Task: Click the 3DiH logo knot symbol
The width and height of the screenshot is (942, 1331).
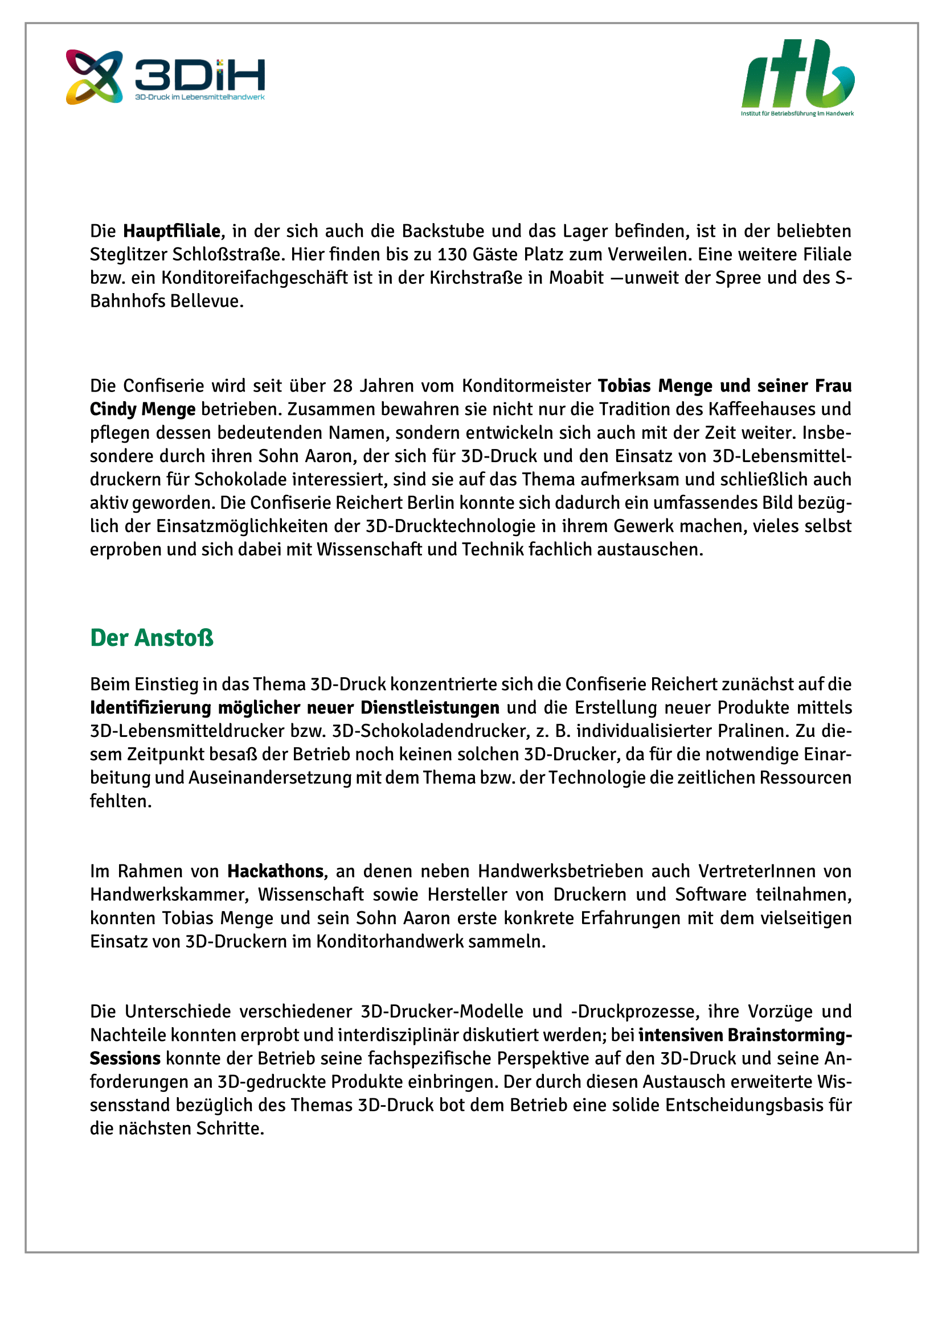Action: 94,77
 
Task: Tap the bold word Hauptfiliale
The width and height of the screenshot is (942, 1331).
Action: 171,231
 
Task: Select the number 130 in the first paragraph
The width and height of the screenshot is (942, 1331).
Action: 452,254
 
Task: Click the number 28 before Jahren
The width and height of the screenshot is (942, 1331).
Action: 343,386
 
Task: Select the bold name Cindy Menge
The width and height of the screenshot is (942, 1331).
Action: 143,409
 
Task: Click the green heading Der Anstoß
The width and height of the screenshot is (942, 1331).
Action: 152,638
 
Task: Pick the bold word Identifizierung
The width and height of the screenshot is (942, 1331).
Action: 150,708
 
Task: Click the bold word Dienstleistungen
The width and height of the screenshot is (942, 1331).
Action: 430,708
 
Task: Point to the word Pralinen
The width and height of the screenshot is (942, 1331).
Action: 753,731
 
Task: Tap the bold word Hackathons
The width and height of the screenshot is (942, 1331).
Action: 275,871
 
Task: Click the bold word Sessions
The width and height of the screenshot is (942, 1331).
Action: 125,1058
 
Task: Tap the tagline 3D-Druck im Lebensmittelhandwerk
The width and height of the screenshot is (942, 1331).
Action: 199,97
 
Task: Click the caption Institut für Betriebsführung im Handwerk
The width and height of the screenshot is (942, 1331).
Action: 797,114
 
